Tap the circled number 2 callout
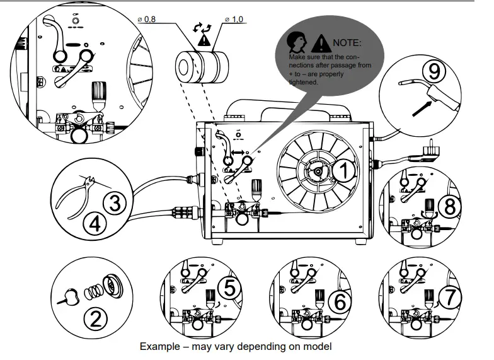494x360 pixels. pos(95,318)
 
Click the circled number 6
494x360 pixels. pos(340,301)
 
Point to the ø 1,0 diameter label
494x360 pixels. pos(234,21)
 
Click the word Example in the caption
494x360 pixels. pos(161,347)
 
